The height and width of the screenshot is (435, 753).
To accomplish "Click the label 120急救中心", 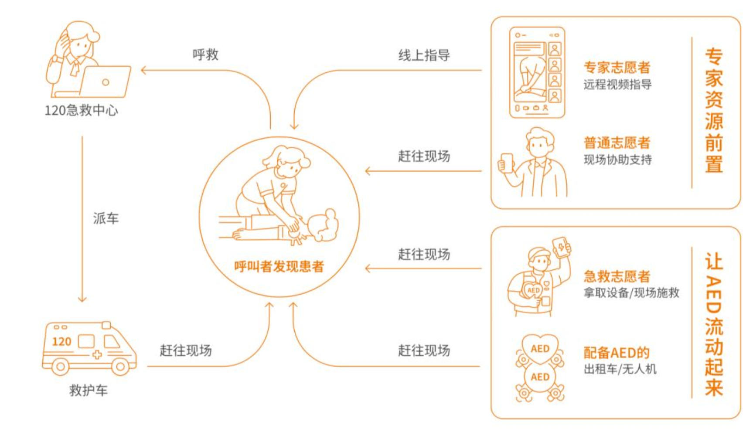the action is click(81, 110).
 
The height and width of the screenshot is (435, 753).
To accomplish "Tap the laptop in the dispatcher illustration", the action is click(105, 82).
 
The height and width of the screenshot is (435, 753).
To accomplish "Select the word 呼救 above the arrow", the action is click(205, 54).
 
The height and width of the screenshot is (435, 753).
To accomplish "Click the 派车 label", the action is click(106, 218).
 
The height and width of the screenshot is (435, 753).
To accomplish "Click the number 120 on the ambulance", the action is click(61, 341).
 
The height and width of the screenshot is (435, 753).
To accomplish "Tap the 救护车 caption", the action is click(89, 390).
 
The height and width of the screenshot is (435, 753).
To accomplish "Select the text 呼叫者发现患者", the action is click(279, 266).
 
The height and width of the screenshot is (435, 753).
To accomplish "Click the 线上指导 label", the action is click(424, 55).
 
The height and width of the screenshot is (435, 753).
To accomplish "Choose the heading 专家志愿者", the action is click(617, 67).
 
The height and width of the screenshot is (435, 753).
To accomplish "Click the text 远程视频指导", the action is click(617, 84).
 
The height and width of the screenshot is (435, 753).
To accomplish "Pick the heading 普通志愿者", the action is click(617, 143).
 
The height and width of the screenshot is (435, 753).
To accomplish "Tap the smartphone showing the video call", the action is click(537, 72).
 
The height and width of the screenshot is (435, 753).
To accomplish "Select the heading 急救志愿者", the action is click(617, 276).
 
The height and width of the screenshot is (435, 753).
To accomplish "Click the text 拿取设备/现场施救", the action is click(631, 292).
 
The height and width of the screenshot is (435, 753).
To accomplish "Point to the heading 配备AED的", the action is click(617, 352).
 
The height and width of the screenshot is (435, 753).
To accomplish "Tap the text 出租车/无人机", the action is click(620, 369).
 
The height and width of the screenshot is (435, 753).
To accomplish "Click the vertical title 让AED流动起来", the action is click(714, 324).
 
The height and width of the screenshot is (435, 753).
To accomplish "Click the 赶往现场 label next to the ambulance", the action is click(186, 350).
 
